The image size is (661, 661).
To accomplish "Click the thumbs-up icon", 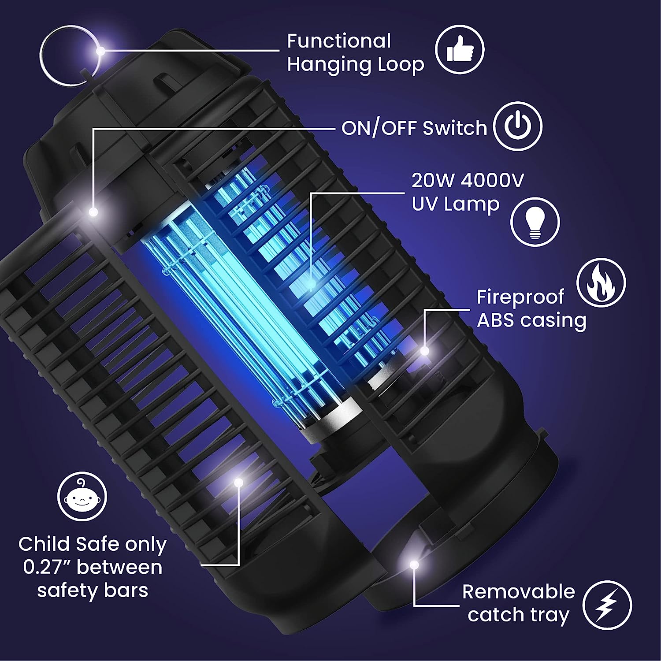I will [460, 49].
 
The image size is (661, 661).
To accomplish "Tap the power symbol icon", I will [518, 126].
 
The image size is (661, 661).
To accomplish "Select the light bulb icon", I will [535, 222].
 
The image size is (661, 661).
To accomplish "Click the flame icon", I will [601, 282].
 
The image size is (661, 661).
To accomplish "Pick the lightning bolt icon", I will [607, 605].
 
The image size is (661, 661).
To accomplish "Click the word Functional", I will [339, 41].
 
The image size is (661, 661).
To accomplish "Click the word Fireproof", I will [520, 297].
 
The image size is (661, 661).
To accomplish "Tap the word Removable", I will [518, 592].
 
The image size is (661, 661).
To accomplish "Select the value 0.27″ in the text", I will [48, 567].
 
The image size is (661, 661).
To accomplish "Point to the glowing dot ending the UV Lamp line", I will [311, 286].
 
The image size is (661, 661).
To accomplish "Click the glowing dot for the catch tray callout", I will [413, 564].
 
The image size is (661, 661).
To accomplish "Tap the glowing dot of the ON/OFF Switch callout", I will [93, 212].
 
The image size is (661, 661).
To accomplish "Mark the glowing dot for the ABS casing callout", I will [425, 351].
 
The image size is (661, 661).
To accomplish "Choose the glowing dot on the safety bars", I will [238, 483].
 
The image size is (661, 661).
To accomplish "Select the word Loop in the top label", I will [401, 65].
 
